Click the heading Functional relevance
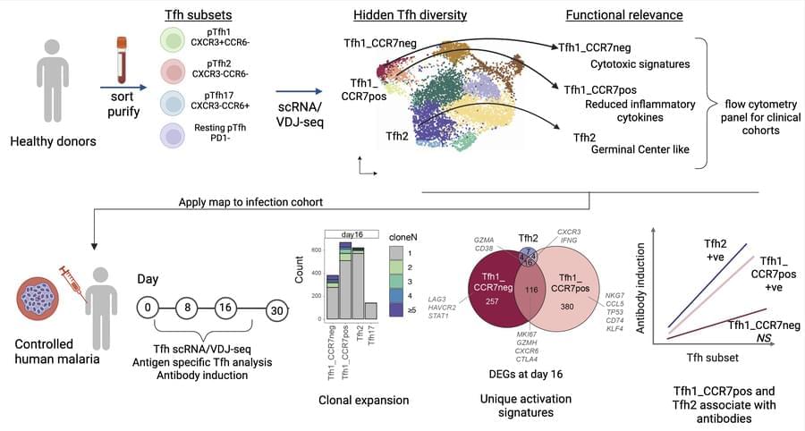(624, 15)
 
